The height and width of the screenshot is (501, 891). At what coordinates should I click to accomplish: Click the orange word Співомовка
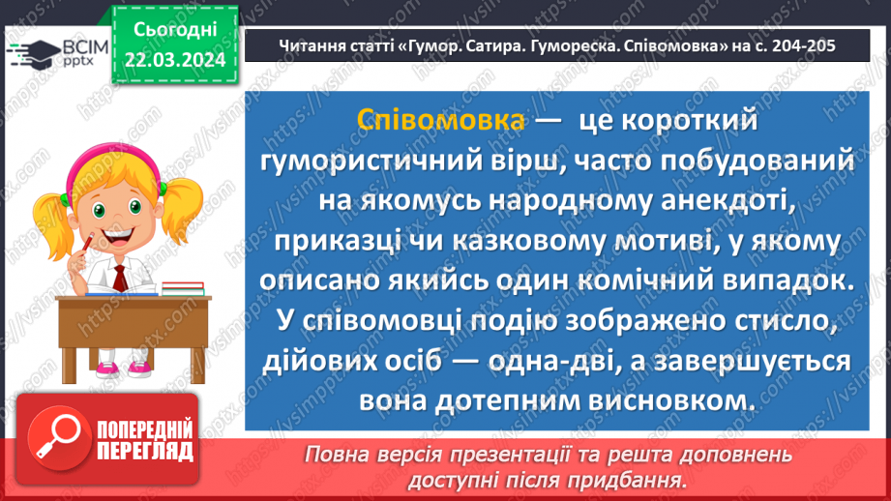click(440, 120)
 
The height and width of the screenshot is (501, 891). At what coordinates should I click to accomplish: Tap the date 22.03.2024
click(173, 59)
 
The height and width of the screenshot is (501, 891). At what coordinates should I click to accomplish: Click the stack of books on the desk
click(181, 287)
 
